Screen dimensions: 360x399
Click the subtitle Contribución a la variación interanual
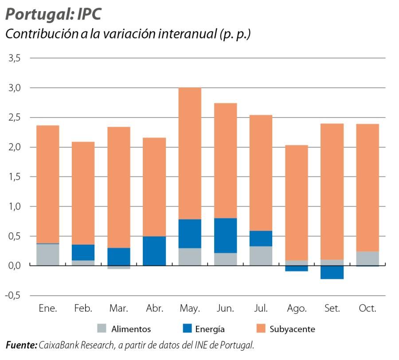(x=128, y=35)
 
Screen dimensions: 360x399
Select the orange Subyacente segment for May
(x=190, y=153)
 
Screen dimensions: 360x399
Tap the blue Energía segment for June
(x=225, y=235)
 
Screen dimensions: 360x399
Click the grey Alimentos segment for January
(x=47, y=254)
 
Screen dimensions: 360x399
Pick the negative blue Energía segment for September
(x=332, y=272)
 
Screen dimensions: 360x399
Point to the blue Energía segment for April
(x=154, y=250)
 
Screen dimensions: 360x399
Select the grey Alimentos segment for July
(x=261, y=256)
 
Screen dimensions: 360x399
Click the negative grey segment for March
(x=119, y=267)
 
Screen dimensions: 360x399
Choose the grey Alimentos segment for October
(x=368, y=258)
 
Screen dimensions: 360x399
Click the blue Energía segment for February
(x=83, y=252)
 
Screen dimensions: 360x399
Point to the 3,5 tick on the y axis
(x=15, y=58)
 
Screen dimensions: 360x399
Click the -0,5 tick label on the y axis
(x=13, y=295)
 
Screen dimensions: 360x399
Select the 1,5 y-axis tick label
(x=15, y=177)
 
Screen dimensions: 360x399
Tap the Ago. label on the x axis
(x=297, y=309)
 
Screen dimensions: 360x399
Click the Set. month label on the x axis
(x=332, y=309)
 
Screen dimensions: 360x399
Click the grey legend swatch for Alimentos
(x=102, y=329)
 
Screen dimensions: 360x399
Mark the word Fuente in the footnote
(x=21, y=344)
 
